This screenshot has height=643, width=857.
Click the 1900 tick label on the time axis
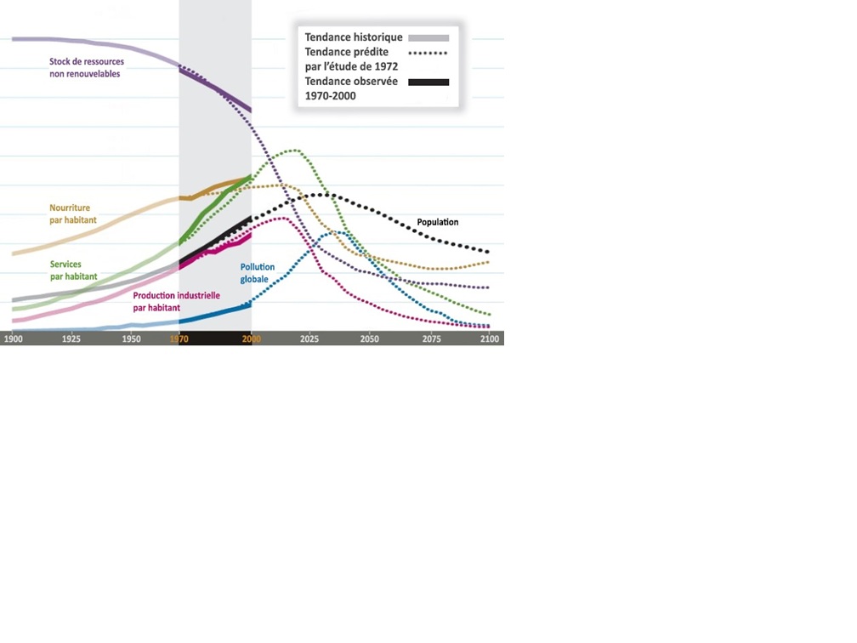13,339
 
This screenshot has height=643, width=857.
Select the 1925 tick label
72,339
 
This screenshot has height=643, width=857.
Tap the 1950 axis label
131,339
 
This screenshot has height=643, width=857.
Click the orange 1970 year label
179,339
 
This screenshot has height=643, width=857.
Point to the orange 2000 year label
251,339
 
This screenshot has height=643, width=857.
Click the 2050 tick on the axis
369,339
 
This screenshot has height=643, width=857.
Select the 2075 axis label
431,339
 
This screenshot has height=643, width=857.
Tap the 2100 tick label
490,339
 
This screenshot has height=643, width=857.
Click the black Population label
437,223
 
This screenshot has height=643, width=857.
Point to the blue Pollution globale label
258,273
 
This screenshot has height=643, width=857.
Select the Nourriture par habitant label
73,213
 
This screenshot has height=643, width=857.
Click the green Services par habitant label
74,270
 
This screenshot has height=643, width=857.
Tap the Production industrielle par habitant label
176,301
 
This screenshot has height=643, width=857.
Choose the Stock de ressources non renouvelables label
86,68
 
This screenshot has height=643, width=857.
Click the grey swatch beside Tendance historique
428,37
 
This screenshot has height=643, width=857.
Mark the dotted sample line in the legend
427,53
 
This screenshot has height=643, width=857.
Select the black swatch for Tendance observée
428,82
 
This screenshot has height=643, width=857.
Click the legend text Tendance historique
354,37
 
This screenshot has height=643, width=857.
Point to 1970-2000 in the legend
331,96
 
